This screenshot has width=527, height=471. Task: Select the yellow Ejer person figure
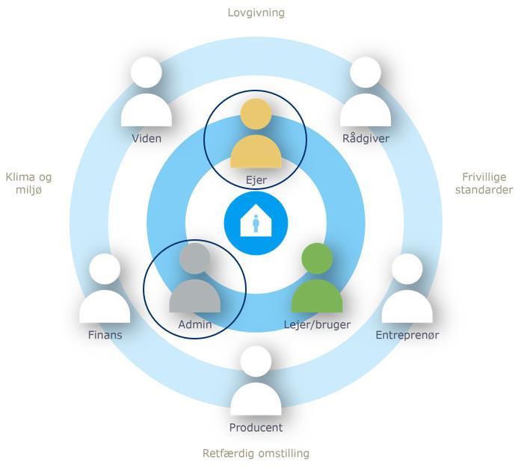256,138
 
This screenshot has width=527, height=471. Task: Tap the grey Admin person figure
194,283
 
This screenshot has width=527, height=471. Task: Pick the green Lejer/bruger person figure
317,283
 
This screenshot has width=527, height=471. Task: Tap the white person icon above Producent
256,385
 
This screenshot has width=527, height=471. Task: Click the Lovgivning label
256,13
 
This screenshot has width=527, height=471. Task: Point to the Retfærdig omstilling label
256,453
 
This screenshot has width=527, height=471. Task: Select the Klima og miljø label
29,184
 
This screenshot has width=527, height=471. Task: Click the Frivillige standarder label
484,184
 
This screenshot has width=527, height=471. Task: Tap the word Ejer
256,180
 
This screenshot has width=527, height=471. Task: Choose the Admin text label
195,324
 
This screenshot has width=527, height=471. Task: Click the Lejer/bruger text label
317,324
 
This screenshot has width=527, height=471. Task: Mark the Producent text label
256,428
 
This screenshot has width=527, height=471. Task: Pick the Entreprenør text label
407,335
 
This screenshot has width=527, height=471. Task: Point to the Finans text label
105,335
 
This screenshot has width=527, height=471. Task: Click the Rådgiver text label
366,138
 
